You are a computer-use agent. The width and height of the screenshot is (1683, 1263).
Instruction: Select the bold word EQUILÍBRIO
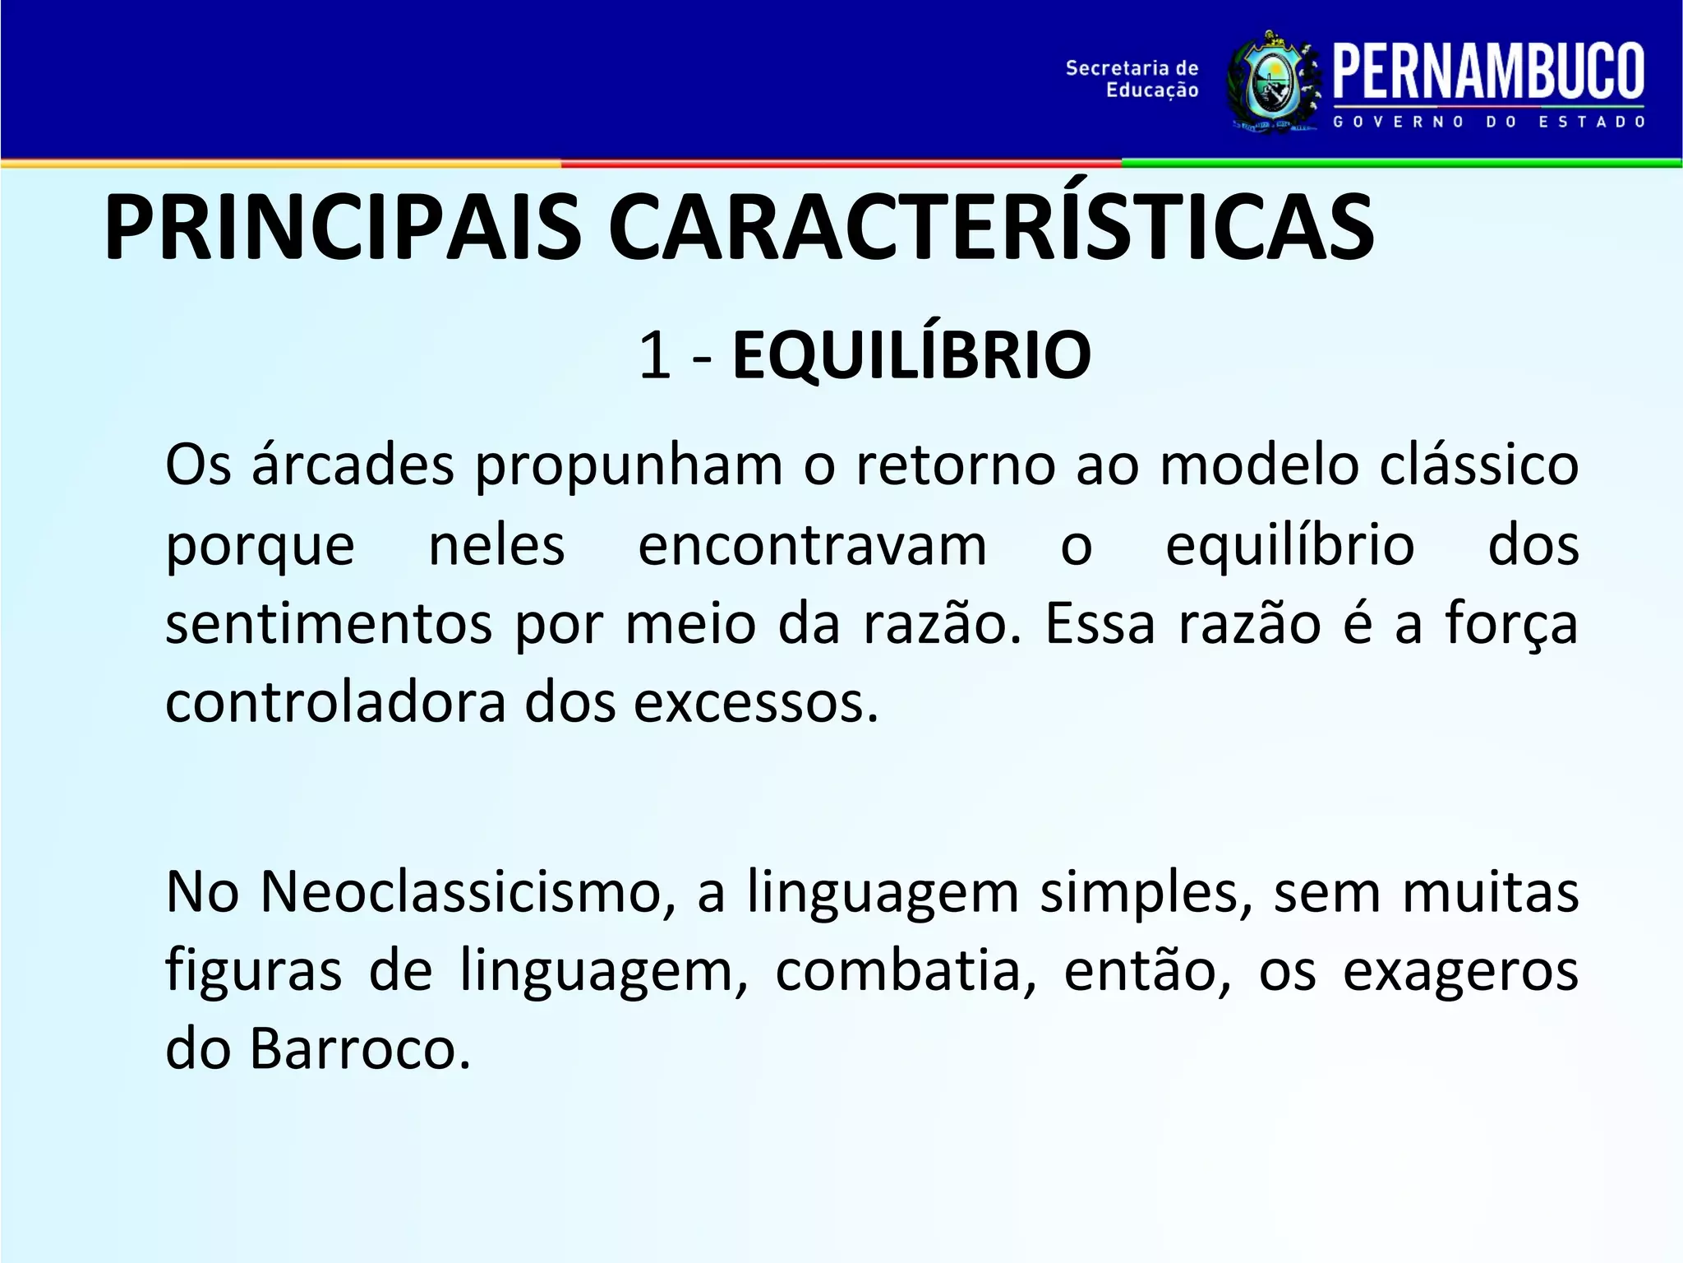click(x=911, y=356)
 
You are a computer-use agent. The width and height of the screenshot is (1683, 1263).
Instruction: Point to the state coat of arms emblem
click(x=1272, y=82)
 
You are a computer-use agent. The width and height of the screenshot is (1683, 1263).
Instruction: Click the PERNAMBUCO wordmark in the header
click(x=1488, y=72)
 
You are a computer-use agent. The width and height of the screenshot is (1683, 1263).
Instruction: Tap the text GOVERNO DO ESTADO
click(x=1488, y=123)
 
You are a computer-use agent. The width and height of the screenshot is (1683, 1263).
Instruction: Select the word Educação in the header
click(x=1152, y=90)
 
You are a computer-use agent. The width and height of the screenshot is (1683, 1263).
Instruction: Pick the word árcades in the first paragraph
click(x=353, y=465)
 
